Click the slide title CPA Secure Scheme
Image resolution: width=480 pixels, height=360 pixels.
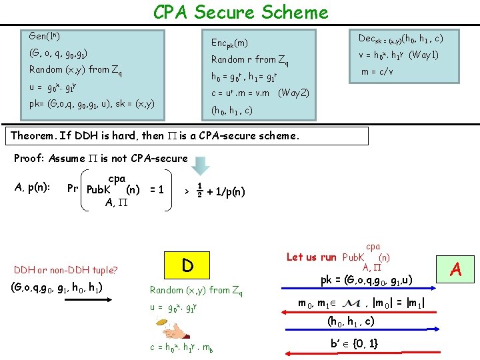[x=241, y=12]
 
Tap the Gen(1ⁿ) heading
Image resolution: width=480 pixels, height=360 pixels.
[x=45, y=35]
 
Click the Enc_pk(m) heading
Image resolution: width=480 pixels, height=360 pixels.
[x=229, y=43]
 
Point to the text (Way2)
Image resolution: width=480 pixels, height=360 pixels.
[x=293, y=93]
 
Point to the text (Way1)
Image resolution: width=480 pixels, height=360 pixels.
[x=423, y=55]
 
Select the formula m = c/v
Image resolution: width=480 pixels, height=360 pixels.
[x=377, y=72]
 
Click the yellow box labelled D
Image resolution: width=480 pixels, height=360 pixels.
[x=188, y=265]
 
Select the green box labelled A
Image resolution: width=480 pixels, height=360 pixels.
[x=457, y=269]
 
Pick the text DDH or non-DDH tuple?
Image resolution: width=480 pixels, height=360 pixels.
[x=66, y=270]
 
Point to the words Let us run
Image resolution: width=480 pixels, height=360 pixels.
[x=311, y=257]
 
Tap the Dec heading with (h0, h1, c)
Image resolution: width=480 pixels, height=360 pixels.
[x=401, y=39]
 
